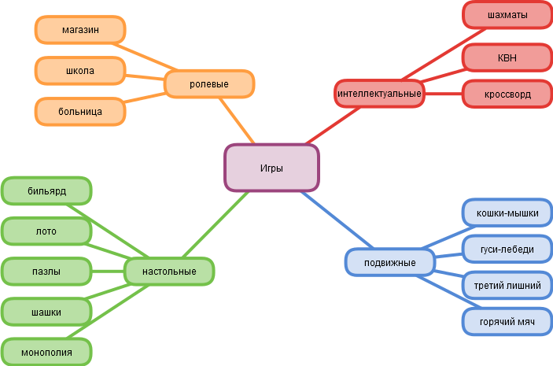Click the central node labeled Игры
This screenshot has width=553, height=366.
pos(271,168)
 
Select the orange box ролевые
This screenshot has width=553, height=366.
pos(209,83)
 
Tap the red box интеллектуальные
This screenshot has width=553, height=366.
pos(379,94)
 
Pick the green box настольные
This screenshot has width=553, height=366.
pos(169,272)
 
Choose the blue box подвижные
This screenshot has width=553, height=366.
pos(390,261)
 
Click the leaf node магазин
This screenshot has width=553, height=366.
pos(80,30)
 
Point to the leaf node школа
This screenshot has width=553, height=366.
pos(80,71)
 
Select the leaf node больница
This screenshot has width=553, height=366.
pos(80,111)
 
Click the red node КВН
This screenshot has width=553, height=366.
pos(507,57)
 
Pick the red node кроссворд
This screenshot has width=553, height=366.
pos(507,94)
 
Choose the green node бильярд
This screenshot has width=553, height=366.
pos(46,191)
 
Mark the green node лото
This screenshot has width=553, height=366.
pos(46,231)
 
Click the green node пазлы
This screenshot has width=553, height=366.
pos(46,272)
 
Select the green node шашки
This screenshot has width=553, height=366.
pos(46,312)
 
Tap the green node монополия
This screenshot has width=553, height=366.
pos(46,351)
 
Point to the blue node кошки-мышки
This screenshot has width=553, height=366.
pos(507,213)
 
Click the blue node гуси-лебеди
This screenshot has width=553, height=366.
pos(507,249)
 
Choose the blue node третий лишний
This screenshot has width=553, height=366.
pos(507,285)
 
